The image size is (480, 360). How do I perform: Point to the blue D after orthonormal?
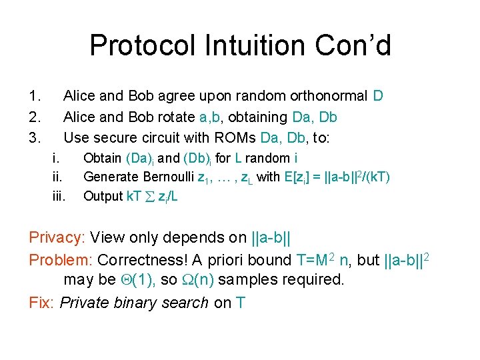pyautogui.click(x=378, y=96)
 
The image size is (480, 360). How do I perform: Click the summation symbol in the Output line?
pyautogui.click(x=149, y=197)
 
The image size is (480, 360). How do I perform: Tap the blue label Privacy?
pyautogui.click(x=57, y=237)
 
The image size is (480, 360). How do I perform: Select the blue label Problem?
pyautogui.click(x=60, y=260)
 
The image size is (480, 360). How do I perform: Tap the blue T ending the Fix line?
pyautogui.click(x=240, y=303)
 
